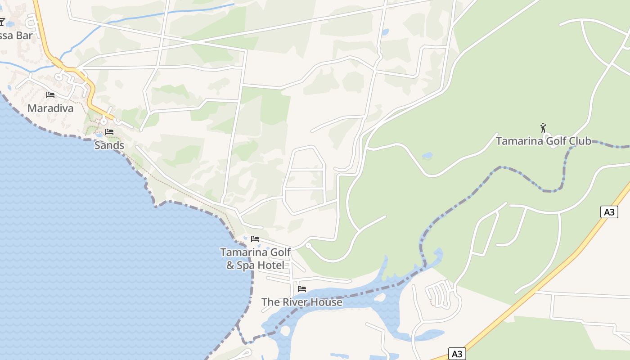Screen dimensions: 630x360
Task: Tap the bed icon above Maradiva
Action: point(50,95)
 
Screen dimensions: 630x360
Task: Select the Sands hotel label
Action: point(109,145)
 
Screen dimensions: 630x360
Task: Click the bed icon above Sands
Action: point(109,132)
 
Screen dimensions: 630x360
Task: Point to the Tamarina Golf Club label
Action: point(543,141)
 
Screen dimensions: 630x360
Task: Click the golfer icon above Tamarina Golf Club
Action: point(543,128)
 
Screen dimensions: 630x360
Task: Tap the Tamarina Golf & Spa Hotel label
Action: point(255,259)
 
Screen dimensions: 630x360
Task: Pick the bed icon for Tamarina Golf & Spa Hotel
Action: point(255,239)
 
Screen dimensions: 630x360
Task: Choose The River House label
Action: point(301,302)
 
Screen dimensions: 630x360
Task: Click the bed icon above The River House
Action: point(302,289)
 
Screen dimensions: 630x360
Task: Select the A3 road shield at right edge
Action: point(608,212)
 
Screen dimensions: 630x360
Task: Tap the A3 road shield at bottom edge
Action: point(457,354)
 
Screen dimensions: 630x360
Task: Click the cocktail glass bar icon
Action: point(2,22)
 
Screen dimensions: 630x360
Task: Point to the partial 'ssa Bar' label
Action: point(16,35)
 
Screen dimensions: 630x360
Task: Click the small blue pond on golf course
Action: point(427,156)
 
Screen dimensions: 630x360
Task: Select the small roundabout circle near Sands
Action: point(103,121)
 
